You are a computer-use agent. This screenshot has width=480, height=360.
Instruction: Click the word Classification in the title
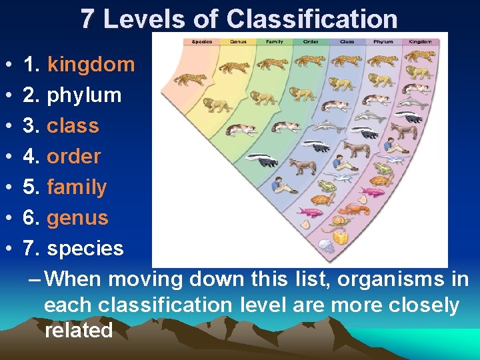pos(312,19)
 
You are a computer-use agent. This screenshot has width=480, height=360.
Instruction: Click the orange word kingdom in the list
pos(91,65)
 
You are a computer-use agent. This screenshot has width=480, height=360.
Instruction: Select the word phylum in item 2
pos(84,95)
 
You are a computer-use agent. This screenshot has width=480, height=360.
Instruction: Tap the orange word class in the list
pos(73,126)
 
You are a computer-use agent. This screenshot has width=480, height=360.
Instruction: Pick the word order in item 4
pos(73,157)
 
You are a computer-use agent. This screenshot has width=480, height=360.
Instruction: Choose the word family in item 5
pos(77,187)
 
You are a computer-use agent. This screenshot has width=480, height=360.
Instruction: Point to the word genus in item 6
pos(77,218)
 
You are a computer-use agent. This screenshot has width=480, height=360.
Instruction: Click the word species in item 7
pos(85,249)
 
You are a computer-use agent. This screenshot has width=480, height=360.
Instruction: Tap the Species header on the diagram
pos(202,41)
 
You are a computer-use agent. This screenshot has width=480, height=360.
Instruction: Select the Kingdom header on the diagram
pos(420,41)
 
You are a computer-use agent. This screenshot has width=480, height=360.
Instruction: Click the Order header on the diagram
pos(311,41)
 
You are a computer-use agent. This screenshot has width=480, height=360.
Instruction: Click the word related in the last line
pos(79,331)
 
